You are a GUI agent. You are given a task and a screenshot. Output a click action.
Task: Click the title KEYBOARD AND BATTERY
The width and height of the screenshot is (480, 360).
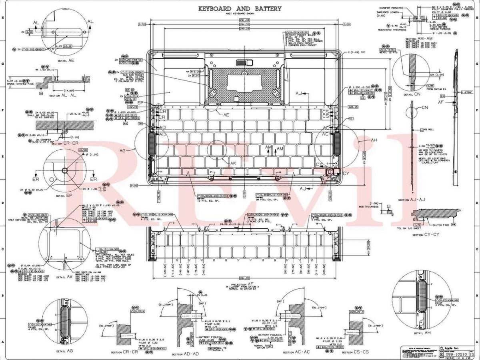(x=240, y=8)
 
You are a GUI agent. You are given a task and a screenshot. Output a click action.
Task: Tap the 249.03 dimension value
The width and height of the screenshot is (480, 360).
(x=244, y=29)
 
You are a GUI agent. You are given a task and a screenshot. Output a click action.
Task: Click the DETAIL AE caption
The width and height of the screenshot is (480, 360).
(x=66, y=60)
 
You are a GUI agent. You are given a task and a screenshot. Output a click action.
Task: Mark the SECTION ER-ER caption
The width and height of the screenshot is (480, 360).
(x=65, y=143)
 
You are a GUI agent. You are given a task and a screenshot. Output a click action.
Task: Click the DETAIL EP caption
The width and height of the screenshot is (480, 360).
(x=64, y=196)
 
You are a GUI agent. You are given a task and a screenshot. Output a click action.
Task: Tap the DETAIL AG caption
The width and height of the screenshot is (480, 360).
(x=64, y=351)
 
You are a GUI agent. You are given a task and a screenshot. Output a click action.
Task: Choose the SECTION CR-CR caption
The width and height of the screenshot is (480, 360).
(x=126, y=352)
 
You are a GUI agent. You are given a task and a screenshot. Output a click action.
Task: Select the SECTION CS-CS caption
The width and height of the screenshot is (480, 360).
(x=355, y=352)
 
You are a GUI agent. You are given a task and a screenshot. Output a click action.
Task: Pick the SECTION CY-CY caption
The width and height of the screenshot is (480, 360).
(x=426, y=235)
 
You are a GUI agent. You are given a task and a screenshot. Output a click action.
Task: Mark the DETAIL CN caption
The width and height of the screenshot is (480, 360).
(x=412, y=95)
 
